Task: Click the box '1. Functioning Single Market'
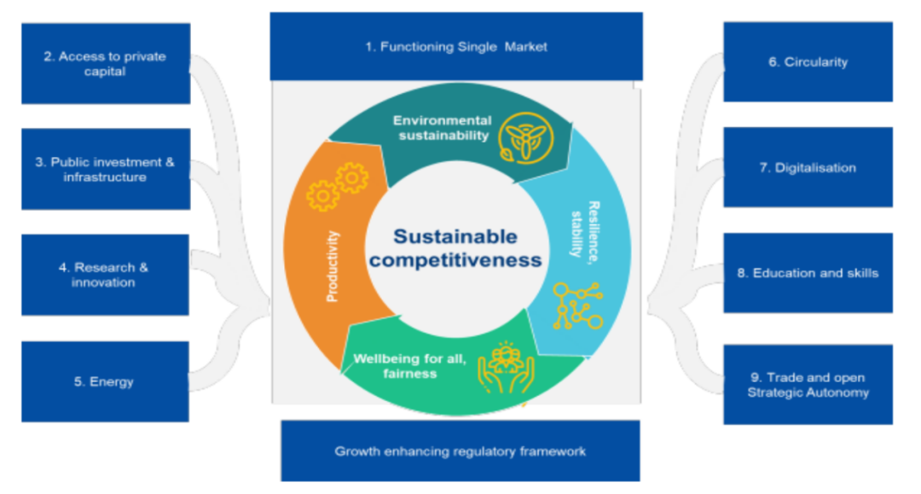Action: (455, 46)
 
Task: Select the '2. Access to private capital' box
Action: (106, 63)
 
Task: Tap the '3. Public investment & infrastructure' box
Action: (106, 169)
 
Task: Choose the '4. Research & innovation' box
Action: (105, 275)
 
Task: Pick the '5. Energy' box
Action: (105, 382)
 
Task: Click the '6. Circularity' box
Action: (808, 61)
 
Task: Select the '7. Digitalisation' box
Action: (808, 167)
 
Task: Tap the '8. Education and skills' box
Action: (808, 273)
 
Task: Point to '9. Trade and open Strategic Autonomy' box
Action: (808, 385)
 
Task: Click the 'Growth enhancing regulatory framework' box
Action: (460, 451)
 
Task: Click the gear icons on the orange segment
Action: (337, 186)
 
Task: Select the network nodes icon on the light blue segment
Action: (577, 305)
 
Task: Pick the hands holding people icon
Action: (506, 368)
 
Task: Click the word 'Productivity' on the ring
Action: (333, 266)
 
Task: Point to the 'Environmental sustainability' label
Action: (443, 128)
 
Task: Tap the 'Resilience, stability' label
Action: (585, 231)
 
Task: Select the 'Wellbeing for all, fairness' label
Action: (409, 366)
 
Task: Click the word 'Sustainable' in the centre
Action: (455, 236)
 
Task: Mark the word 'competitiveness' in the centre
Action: (455, 260)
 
